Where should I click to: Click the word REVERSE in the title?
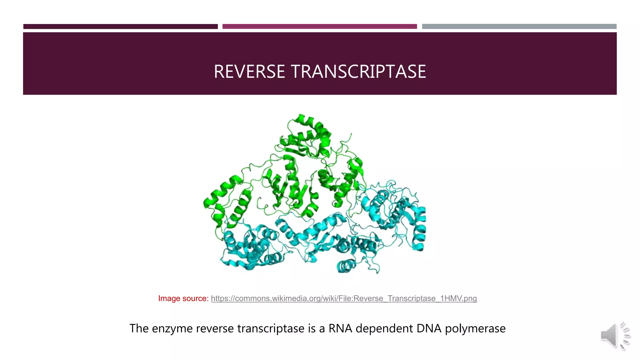pos(249,72)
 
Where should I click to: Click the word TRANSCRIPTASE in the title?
pos(358,72)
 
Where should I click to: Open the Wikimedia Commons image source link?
pos(344,298)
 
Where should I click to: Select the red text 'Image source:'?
pos(183,298)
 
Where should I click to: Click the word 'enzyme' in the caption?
pos(172,329)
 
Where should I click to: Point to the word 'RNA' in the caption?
pos(340,328)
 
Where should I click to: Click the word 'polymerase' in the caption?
pos(475,329)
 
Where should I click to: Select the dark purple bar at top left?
pos(120,27)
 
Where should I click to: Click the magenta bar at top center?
pos(319,27)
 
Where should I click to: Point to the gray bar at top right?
pos(519,27)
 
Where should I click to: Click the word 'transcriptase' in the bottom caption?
pos(271,329)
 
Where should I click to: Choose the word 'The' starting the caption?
pos(139,328)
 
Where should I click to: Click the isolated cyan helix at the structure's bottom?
pos(346,266)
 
